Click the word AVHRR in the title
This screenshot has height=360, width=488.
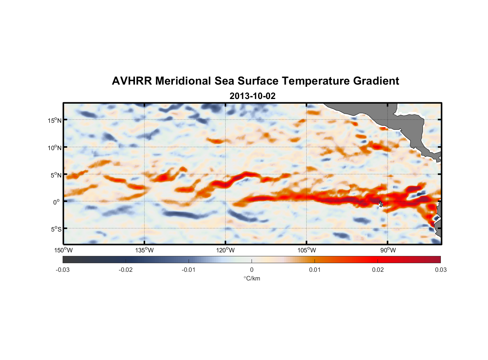coord(132,81)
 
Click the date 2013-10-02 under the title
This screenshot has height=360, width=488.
coord(252,96)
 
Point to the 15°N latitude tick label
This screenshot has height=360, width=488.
coord(55,120)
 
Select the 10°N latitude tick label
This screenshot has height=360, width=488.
coord(55,148)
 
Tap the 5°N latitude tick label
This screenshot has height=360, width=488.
coord(56,175)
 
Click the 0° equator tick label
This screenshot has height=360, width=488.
coord(57,202)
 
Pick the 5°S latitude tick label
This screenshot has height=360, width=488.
coord(56,229)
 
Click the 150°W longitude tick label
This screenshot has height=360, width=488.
coord(63,250)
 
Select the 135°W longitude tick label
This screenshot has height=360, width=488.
coord(144,250)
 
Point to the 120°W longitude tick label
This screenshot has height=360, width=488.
coord(225,250)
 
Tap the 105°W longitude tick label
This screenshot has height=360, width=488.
coord(306,250)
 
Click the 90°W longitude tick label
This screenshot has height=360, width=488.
coord(388,250)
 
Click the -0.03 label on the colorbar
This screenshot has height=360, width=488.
coord(63,270)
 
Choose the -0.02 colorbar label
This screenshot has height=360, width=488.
coord(126,270)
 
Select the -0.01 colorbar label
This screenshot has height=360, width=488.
coord(189,270)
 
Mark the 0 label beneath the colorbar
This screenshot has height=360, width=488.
coord(252,270)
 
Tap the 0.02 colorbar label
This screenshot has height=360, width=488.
coord(378,270)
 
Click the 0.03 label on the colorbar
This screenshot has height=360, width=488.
coord(440,270)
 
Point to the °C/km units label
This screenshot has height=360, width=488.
coord(252,278)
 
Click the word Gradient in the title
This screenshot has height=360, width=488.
coord(376,81)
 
